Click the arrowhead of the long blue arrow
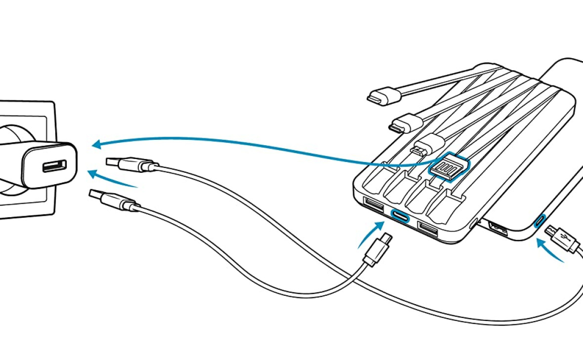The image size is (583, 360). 97,144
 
